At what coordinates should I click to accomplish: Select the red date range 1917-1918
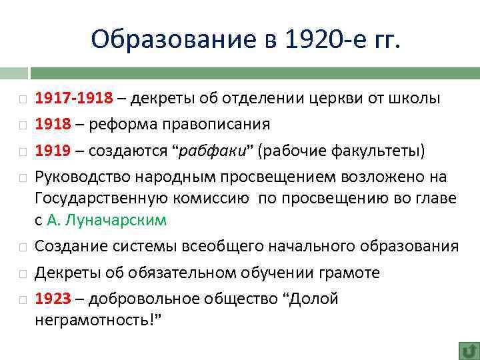74,99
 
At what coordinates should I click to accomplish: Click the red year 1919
53,149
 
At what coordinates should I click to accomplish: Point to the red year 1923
53,299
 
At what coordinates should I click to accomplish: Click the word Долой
313,299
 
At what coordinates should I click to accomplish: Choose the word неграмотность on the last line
97,320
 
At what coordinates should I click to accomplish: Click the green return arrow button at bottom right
469,350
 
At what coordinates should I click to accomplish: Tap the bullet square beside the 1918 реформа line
23,125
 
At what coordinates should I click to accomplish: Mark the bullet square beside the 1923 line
23,299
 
